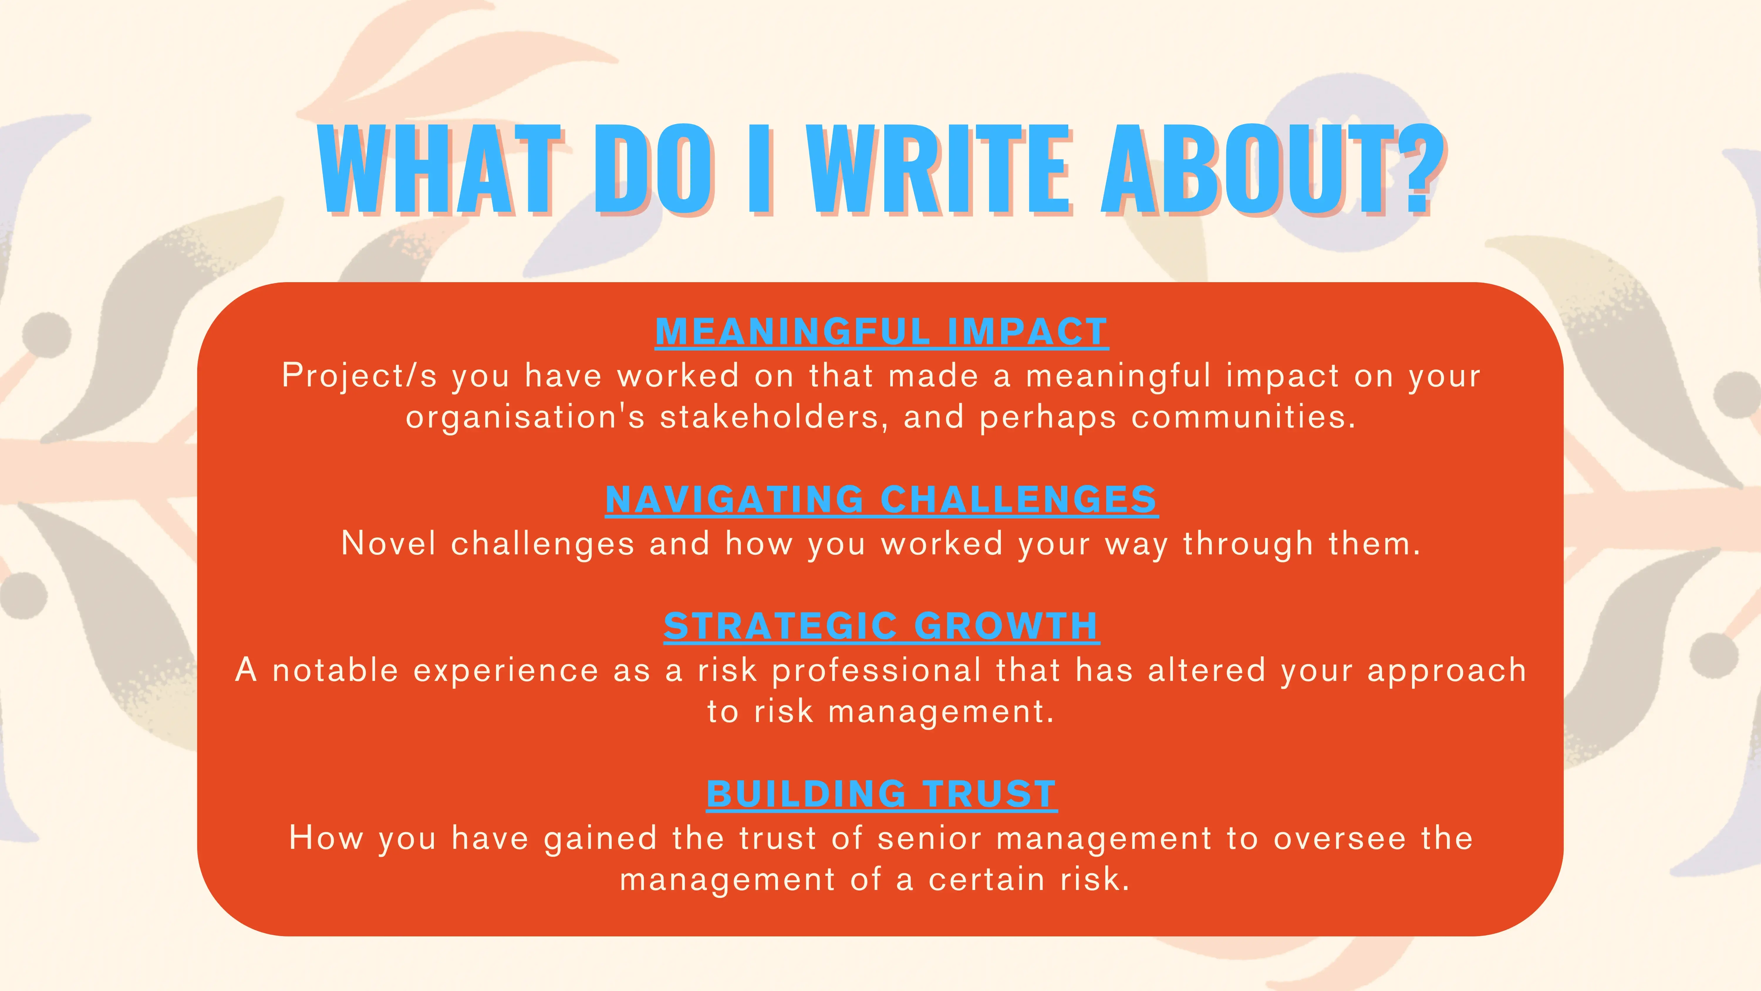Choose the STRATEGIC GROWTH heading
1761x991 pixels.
coord(881,626)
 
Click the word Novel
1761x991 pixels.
coord(388,544)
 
